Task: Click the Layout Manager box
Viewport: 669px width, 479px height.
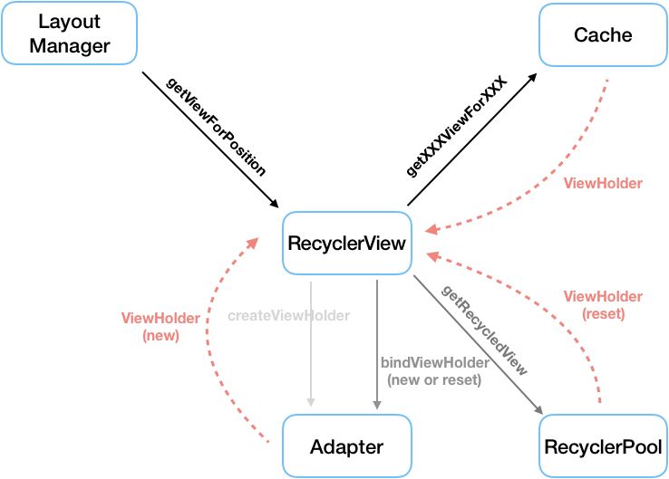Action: click(70, 34)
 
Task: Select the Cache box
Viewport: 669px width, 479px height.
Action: click(603, 34)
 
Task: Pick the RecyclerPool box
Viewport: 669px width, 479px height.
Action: click(603, 446)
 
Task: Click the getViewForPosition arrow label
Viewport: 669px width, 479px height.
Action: click(217, 127)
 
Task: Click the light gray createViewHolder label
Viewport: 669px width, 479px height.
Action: click(288, 316)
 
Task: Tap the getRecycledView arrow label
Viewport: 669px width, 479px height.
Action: click(486, 330)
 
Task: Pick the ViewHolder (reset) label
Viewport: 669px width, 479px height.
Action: click(603, 304)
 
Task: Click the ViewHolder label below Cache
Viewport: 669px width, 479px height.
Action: click(603, 183)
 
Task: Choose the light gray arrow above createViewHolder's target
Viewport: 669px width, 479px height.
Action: click(311, 344)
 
